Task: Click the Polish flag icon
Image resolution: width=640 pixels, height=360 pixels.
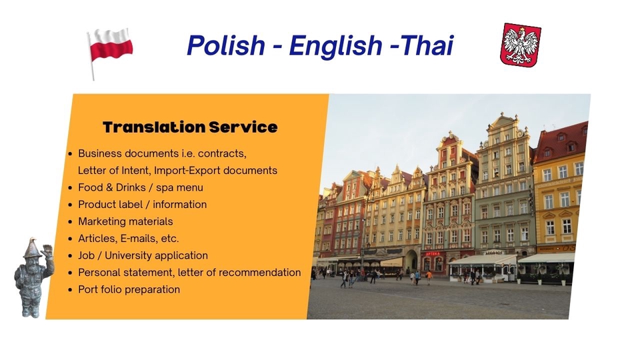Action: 110,47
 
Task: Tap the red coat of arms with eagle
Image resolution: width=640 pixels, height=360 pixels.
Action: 520,45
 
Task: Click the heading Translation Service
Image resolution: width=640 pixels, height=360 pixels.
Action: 190,127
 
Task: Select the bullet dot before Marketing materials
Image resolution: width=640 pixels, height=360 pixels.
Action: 71,222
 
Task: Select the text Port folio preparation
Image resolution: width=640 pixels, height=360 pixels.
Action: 129,289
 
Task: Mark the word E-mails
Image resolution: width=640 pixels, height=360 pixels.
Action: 138,238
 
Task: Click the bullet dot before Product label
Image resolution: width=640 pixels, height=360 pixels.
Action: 71,205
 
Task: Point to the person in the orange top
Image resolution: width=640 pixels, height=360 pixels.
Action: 429,275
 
